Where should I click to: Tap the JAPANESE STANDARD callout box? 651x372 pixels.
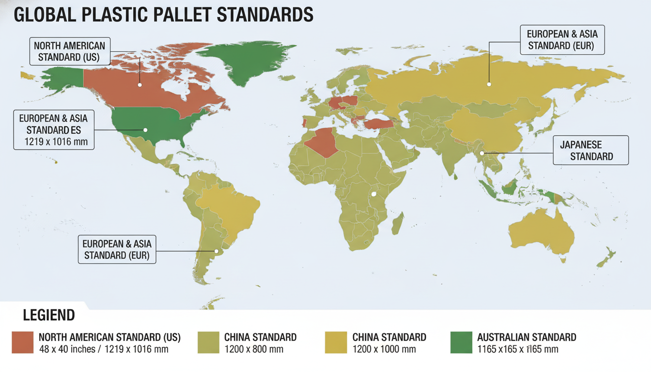[590, 150]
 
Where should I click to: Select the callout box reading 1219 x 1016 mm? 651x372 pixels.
[54, 130]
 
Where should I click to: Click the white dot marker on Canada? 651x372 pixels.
[139, 84]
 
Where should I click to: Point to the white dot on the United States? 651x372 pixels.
[145, 129]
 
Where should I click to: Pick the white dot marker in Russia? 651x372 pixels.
[489, 84]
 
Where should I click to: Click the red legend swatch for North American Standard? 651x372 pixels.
[23, 342]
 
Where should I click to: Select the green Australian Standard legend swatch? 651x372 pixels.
[461, 342]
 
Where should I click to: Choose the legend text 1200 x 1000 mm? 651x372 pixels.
[384, 349]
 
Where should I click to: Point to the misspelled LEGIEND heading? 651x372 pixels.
[49, 316]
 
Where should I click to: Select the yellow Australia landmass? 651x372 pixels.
[542, 232]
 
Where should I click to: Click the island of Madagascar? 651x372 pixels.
[397, 225]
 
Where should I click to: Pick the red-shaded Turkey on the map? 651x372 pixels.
[378, 124]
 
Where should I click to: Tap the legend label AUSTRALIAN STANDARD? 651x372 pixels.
[527, 337]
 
